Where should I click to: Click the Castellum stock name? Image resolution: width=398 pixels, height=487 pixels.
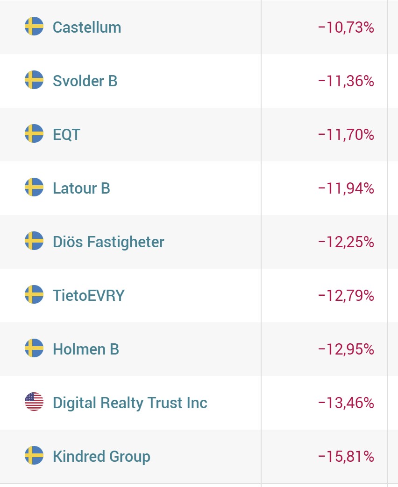tap(87, 27)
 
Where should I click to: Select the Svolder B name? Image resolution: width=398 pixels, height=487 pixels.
tap(85, 81)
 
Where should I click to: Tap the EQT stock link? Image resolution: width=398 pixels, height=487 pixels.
tap(66, 135)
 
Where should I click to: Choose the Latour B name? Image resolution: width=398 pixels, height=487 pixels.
tap(81, 188)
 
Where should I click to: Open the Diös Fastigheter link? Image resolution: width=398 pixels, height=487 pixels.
tap(108, 242)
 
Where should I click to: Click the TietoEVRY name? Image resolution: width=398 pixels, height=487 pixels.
tap(89, 296)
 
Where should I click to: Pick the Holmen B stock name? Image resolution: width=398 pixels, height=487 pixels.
tap(86, 349)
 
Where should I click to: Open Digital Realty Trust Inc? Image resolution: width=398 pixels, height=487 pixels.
tap(130, 403)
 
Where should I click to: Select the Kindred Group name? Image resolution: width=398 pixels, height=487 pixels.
tap(101, 456)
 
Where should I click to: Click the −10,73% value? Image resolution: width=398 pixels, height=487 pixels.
tap(346, 28)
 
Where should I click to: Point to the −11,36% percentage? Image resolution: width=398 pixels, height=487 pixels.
tap(346, 81)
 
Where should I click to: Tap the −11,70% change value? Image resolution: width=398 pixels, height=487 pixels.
tap(346, 135)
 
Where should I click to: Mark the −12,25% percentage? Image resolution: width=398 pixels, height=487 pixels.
tap(346, 242)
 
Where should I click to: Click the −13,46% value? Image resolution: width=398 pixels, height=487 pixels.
tap(346, 403)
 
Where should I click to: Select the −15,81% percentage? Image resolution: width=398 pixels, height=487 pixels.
tap(346, 457)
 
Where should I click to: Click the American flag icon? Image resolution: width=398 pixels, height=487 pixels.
tap(34, 402)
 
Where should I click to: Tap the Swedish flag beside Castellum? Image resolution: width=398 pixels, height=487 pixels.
tap(34, 27)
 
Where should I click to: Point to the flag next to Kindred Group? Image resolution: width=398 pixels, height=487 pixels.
tap(34, 456)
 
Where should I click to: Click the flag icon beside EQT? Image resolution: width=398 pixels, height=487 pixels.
tap(34, 134)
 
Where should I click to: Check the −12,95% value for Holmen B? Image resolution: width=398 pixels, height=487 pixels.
tap(346, 349)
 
